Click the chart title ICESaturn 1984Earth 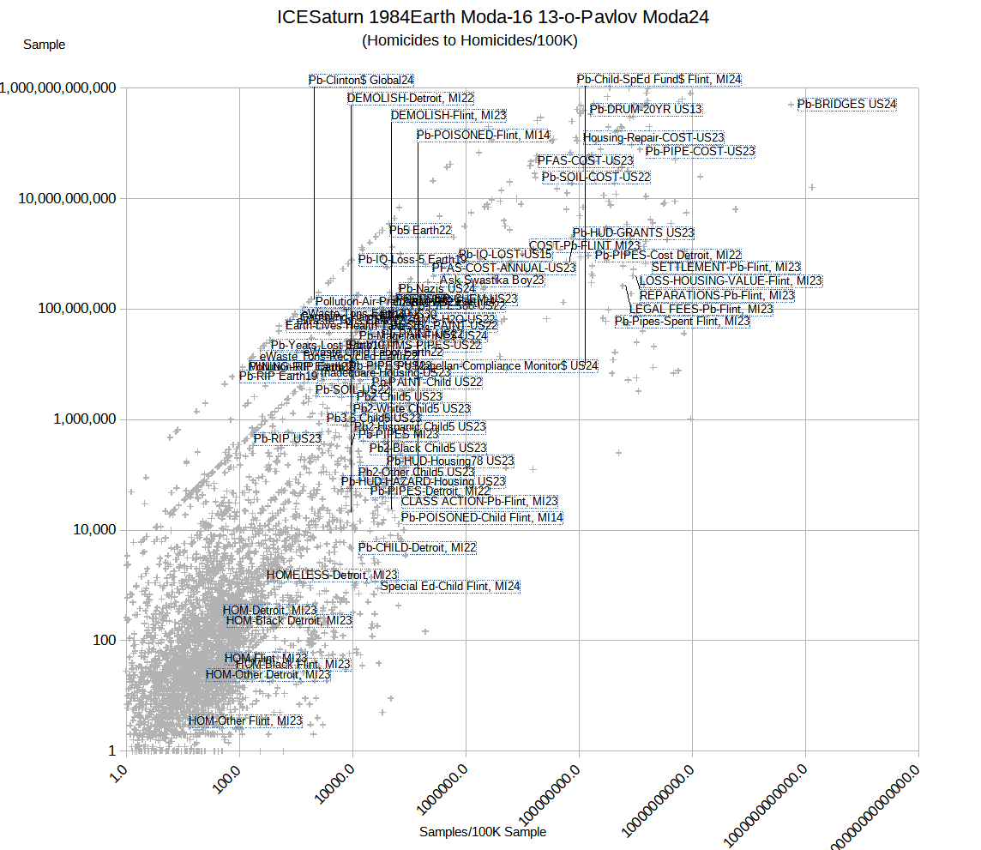point(493,17)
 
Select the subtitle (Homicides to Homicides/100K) point(469,40)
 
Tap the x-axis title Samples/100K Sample point(482,832)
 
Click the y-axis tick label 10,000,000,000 point(67,199)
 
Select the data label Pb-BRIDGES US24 point(846,105)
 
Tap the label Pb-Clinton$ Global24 point(361,80)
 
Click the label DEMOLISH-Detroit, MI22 point(410,99)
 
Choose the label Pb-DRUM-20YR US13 point(646,109)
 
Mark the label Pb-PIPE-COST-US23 point(700,151)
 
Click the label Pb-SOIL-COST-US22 point(595,177)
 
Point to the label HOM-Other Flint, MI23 point(245,721)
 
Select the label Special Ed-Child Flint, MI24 point(449,587)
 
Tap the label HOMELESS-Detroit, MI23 point(332,575)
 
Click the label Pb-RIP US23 point(287,438)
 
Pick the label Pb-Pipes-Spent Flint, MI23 point(682,322)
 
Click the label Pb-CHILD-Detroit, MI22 point(417,547)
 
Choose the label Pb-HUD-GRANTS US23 point(633,232)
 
